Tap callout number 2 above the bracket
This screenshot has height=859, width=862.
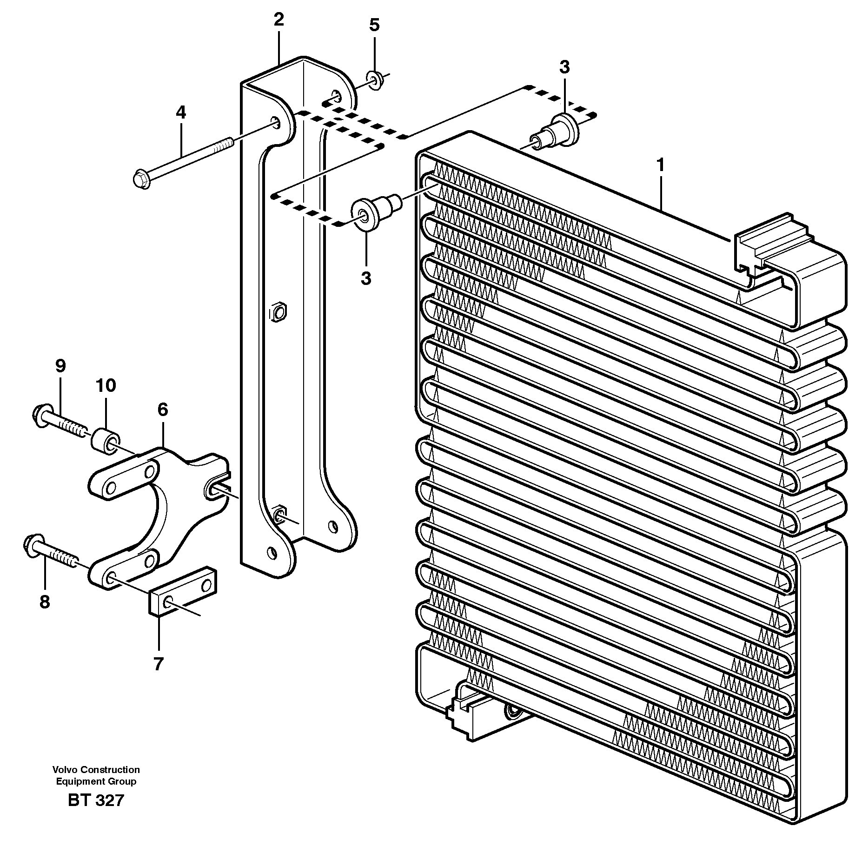tap(278, 20)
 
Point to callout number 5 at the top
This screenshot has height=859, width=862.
tap(374, 25)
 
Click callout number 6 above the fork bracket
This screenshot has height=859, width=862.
tap(162, 410)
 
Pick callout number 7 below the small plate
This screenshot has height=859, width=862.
tap(159, 664)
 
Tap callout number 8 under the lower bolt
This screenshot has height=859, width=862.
tap(44, 602)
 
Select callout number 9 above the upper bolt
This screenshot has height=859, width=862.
tap(60, 366)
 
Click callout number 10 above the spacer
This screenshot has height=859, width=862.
tap(106, 385)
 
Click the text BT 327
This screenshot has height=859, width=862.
tap(96, 800)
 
